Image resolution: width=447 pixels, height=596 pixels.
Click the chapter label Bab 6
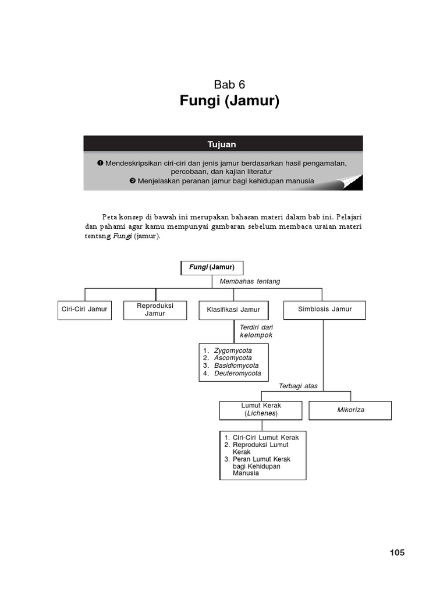click(x=230, y=84)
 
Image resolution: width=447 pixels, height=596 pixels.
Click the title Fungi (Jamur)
click(x=230, y=102)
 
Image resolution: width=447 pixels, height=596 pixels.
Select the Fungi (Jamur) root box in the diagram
click(x=212, y=267)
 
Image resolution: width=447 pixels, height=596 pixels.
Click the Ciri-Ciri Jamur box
click(x=84, y=309)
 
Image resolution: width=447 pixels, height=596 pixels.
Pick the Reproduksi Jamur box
click(x=155, y=310)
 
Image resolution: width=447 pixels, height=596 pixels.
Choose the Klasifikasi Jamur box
click(x=233, y=310)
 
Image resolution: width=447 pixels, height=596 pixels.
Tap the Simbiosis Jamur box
click(x=325, y=309)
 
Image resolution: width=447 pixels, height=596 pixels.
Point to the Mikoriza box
click(x=350, y=410)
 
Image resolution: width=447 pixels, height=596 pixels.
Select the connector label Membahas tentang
click(x=250, y=282)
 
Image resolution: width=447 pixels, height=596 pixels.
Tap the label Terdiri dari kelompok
click(x=256, y=331)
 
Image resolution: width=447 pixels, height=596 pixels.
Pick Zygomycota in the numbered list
click(x=233, y=351)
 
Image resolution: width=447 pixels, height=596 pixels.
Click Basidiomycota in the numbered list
click(x=236, y=366)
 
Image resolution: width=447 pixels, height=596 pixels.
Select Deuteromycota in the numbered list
click(x=237, y=373)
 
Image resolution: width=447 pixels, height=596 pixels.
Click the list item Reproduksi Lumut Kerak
click(x=260, y=448)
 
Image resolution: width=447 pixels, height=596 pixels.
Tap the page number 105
click(x=397, y=552)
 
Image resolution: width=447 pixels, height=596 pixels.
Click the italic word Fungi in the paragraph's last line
click(x=121, y=237)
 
